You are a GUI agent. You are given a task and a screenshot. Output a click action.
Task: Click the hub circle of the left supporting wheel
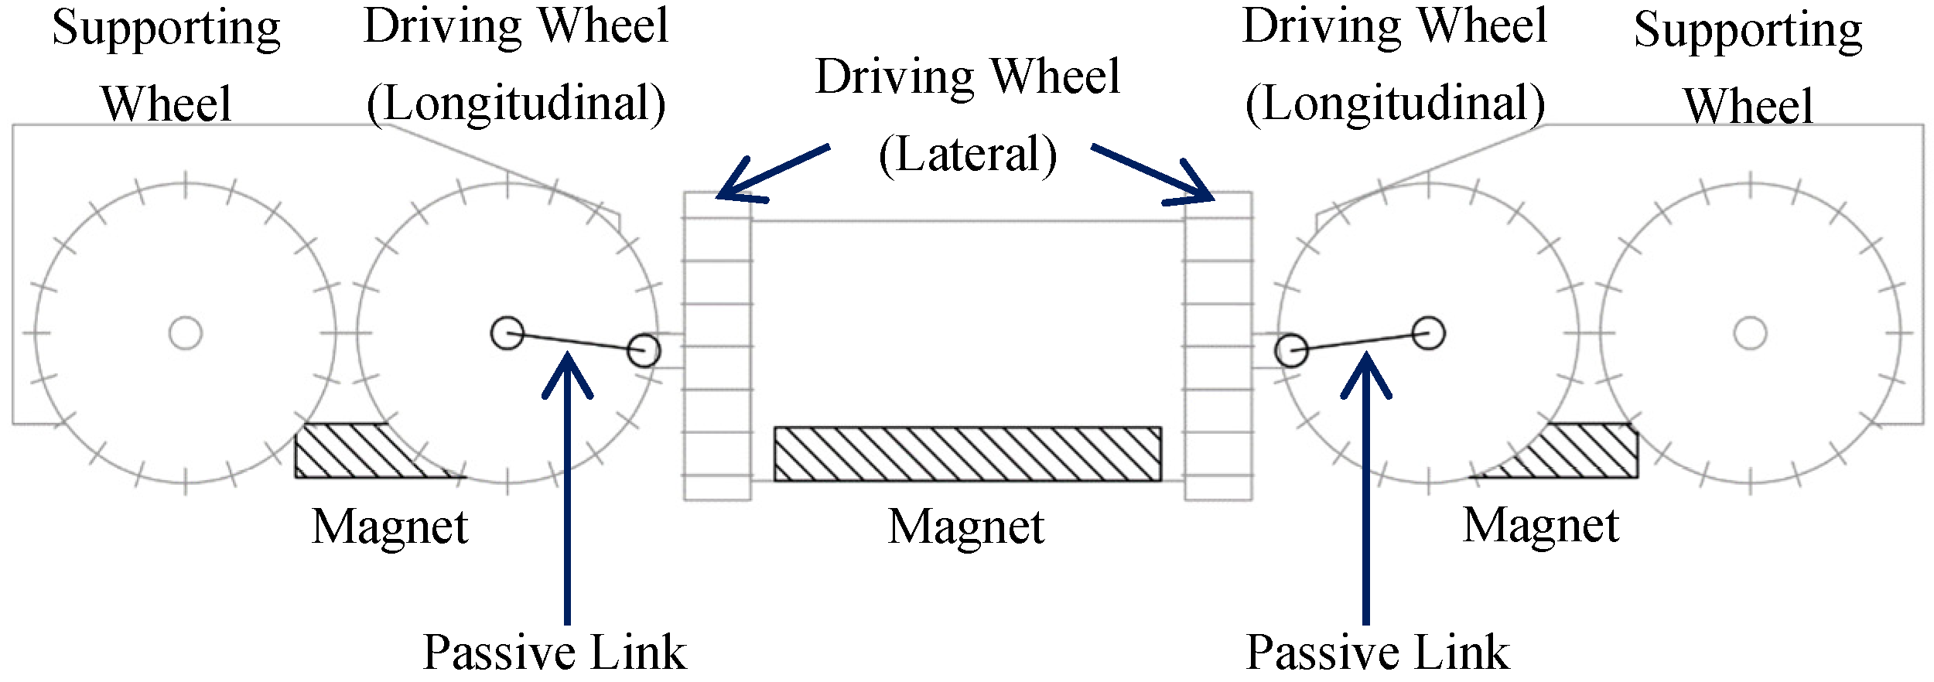[186, 333]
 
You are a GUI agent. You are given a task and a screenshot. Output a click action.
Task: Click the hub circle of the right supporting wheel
[1750, 333]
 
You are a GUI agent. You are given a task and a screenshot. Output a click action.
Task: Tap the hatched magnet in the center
[967, 454]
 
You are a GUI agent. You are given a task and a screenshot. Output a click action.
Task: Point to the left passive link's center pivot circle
[507, 333]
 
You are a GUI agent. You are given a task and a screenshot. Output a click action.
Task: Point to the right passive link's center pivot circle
[1428, 333]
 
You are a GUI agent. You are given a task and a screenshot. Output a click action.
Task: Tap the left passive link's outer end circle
[644, 350]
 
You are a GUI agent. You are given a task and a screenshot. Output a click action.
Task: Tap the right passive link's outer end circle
[1291, 350]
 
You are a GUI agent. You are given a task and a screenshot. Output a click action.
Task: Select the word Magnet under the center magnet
[966, 527]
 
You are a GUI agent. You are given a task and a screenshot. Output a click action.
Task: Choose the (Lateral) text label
[968, 154]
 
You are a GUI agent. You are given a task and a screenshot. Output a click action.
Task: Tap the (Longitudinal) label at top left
[516, 104]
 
